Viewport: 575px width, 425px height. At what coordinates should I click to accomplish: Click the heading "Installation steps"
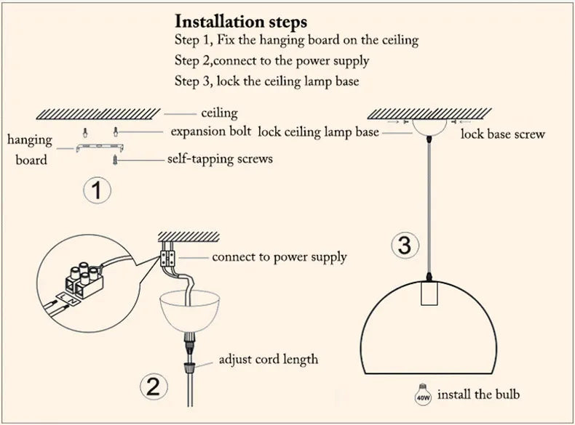[241, 21]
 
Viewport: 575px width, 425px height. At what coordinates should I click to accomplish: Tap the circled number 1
[97, 191]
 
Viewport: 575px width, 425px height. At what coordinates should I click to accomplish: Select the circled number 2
[152, 386]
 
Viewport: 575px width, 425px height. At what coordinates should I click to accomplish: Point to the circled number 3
[405, 245]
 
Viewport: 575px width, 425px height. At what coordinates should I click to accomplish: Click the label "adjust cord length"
[268, 360]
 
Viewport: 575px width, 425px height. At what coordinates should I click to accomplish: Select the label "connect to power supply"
[279, 257]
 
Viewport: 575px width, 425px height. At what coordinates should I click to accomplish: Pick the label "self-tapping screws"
[220, 158]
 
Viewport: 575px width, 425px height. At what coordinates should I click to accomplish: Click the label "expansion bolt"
[210, 131]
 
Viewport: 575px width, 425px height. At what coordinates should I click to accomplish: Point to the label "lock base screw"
[502, 134]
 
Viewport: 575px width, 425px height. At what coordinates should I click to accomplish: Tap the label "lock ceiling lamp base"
[318, 132]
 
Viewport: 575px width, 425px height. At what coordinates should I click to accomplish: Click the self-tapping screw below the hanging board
[114, 159]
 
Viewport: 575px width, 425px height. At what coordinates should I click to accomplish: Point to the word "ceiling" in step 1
[219, 113]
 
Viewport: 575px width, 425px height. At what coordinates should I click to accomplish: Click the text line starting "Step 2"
[271, 61]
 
